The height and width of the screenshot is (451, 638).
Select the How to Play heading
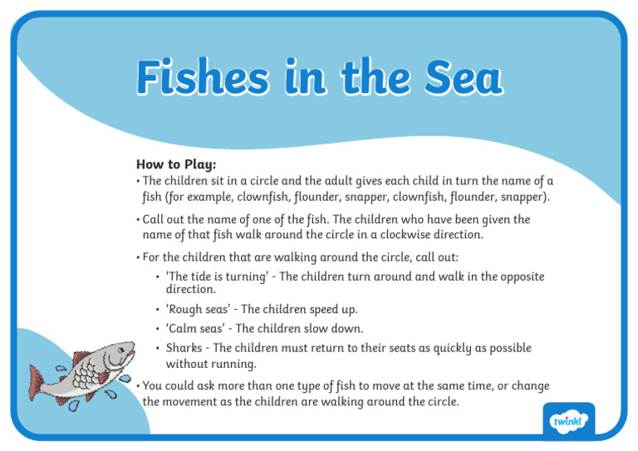tap(176, 164)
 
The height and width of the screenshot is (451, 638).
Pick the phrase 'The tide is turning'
tap(219, 277)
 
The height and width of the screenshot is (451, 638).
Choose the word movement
tap(193, 402)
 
